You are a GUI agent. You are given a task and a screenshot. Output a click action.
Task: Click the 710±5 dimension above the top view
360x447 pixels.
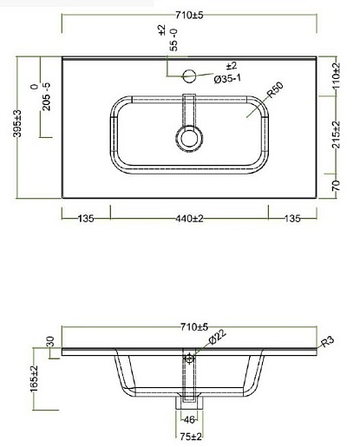189,15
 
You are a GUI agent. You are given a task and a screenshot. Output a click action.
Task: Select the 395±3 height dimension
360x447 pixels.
17,123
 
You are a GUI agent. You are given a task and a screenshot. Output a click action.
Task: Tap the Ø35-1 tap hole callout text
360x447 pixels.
227,78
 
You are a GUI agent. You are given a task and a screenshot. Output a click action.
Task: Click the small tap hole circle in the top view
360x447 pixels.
189,76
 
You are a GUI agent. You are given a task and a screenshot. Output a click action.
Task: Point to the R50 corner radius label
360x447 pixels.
274,90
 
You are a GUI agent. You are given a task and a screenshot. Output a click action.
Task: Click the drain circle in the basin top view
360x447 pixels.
189,138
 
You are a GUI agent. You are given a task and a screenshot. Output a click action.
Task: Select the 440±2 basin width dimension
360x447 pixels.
189,219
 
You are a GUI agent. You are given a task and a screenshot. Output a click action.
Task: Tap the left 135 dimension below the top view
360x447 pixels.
86,219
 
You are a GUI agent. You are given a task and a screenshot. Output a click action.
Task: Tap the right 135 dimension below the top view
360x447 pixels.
292,219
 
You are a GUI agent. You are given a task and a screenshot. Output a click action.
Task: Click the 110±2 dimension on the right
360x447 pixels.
337,76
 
